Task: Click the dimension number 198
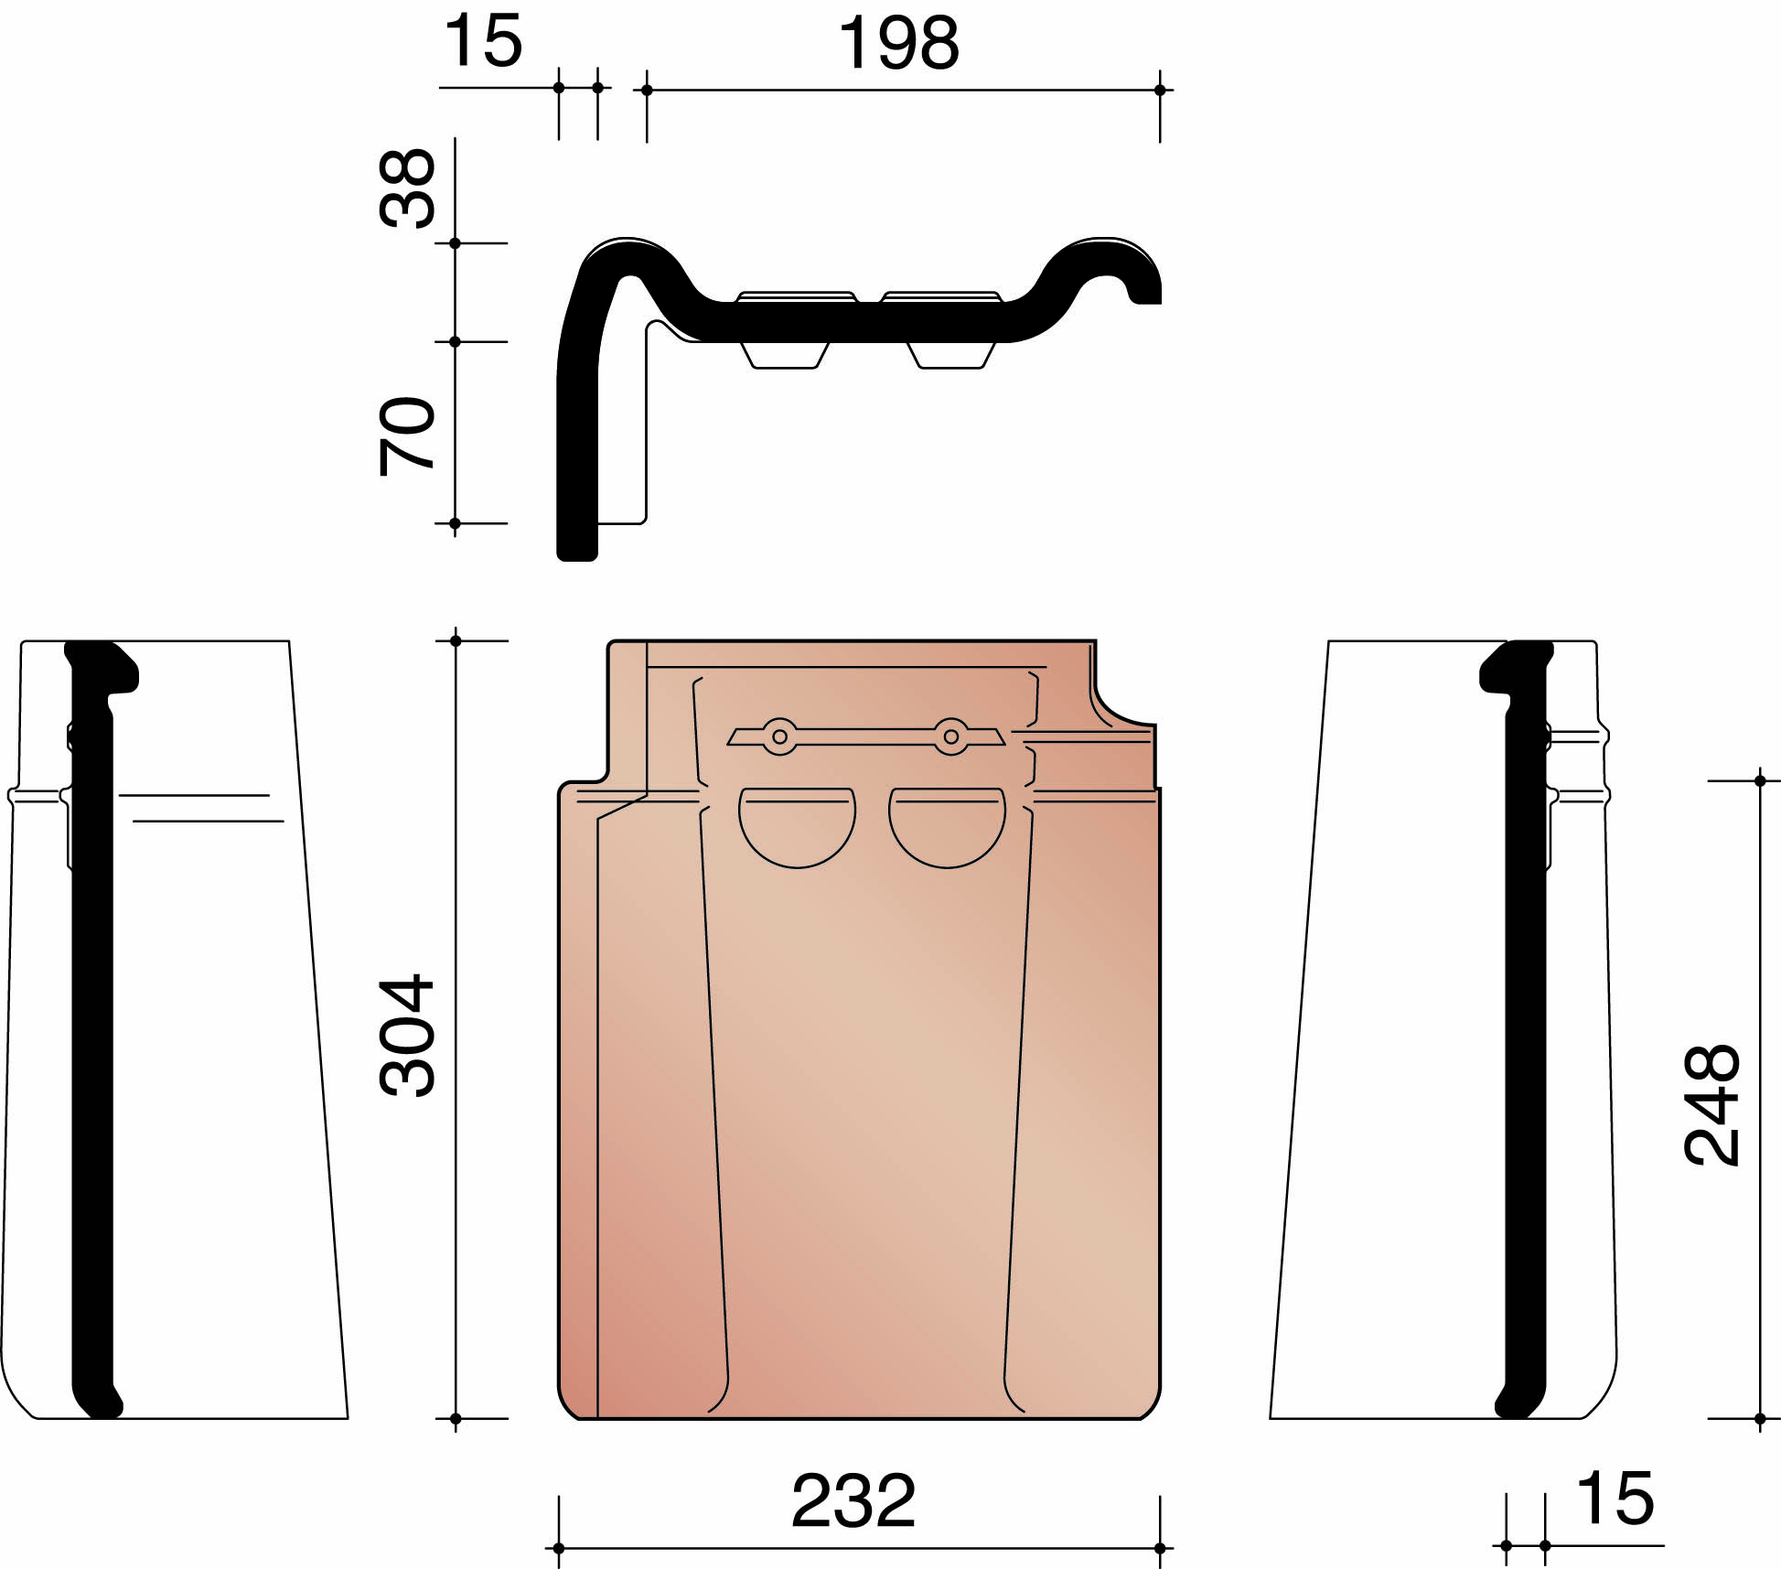[898, 44]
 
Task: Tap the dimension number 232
[853, 1501]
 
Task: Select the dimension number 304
[407, 1035]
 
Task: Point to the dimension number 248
[1711, 1104]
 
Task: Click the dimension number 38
[407, 188]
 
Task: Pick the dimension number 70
[407, 436]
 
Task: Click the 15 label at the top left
[483, 42]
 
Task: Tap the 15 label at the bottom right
[1615, 1499]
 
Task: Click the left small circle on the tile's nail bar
[779, 736]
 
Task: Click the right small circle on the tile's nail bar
[951, 736]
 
